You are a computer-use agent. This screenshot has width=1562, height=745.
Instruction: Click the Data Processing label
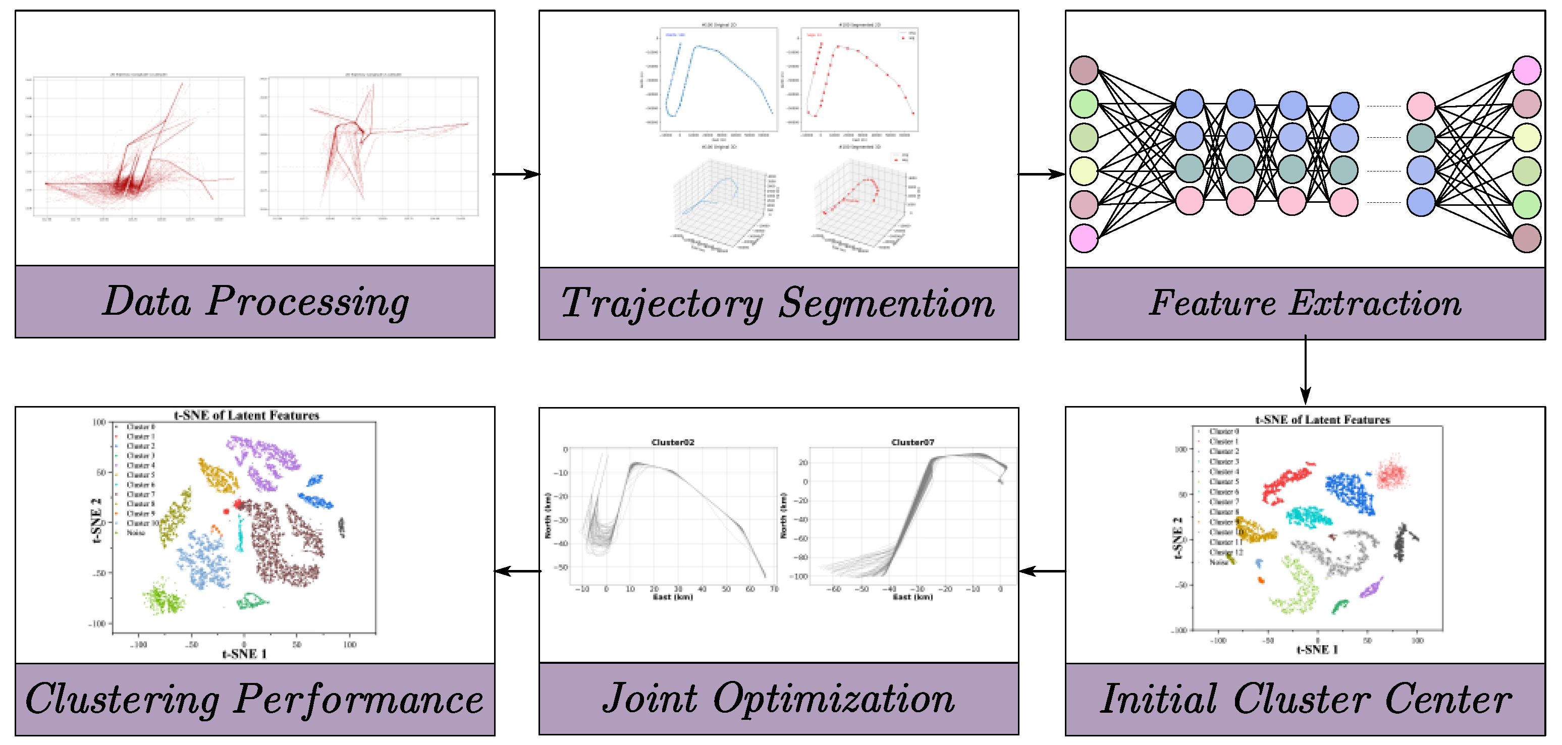(x=255, y=301)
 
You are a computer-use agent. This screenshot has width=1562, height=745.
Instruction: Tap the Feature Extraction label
(x=1305, y=303)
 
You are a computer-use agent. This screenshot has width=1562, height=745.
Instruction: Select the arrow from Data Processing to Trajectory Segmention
(x=516, y=175)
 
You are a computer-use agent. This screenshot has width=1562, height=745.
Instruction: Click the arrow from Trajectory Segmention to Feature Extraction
(x=1041, y=175)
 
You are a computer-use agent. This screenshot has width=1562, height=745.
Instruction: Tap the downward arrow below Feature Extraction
(x=1305, y=371)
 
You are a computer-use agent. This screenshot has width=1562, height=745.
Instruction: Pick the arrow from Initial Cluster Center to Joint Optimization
(x=1042, y=571)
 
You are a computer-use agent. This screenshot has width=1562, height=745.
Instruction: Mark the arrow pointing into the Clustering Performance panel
(x=517, y=571)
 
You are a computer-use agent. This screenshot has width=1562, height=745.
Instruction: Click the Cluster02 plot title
(x=672, y=442)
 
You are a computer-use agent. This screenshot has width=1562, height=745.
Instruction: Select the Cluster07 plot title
(x=912, y=442)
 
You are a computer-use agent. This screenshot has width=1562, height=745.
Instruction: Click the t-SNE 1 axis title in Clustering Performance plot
(x=244, y=654)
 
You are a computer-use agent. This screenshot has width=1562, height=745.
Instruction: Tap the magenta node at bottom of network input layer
(x=1084, y=238)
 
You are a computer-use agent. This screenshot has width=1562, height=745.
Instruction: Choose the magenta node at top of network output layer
(x=1526, y=70)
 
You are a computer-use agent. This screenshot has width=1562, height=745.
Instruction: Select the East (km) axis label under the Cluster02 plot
(x=672, y=597)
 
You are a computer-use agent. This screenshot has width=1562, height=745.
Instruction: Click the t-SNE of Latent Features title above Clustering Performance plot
(x=246, y=416)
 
